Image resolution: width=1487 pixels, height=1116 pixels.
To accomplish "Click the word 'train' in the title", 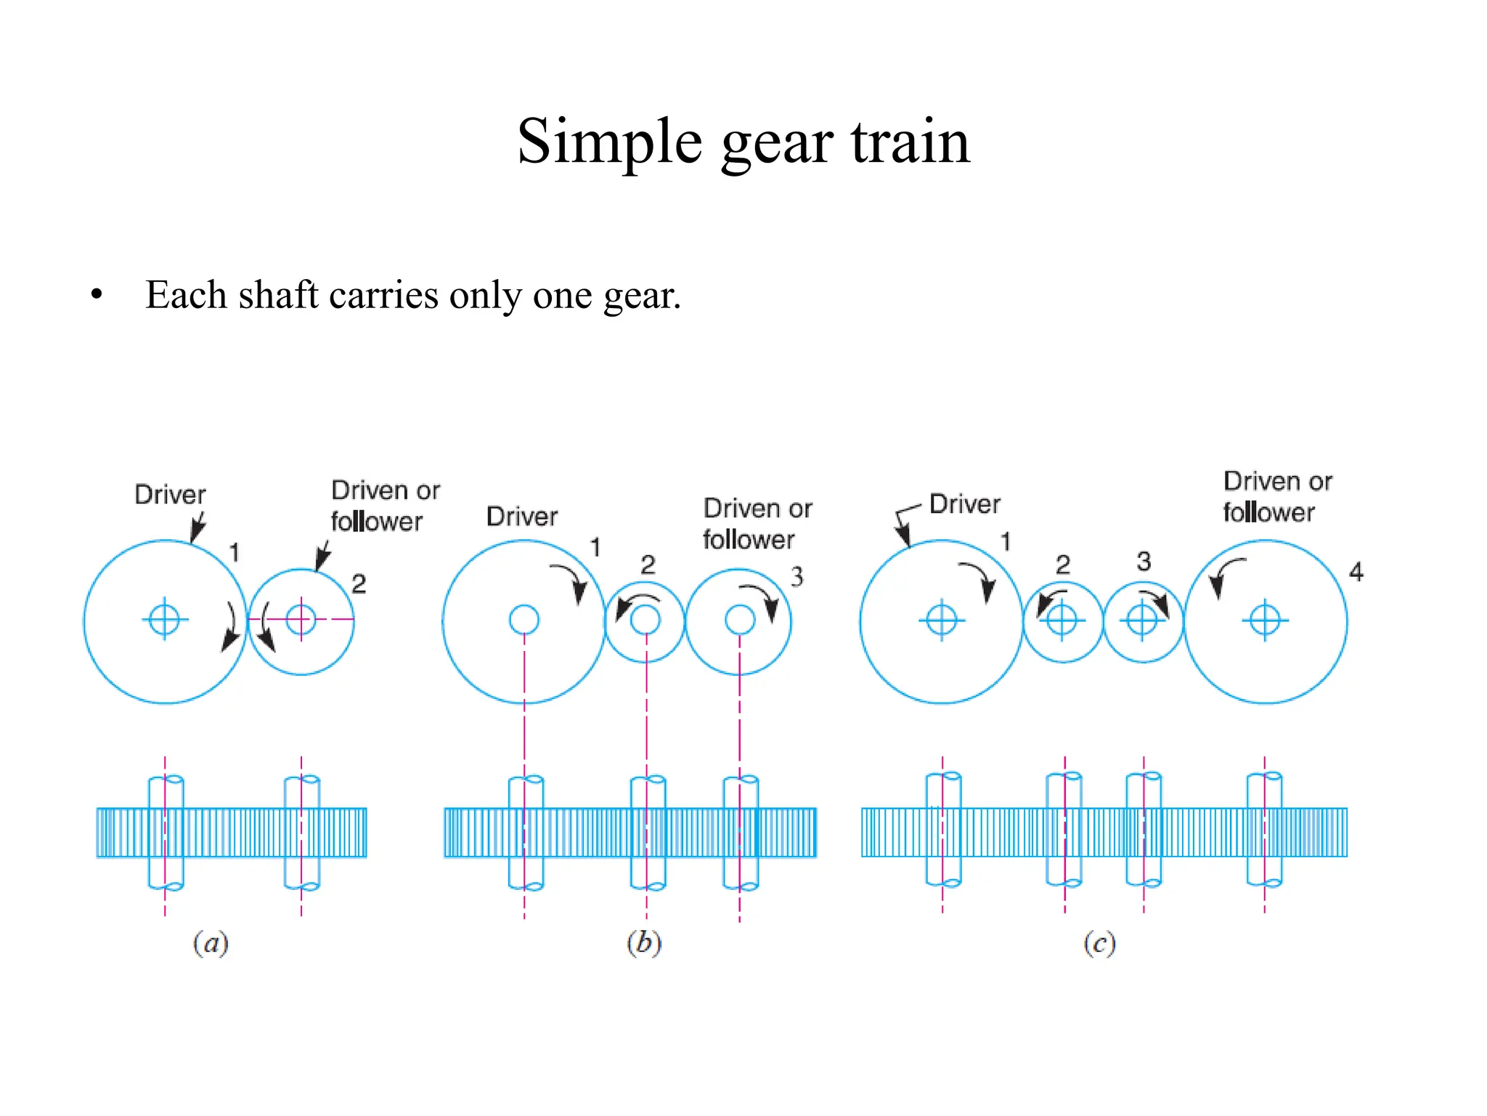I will coord(910,142).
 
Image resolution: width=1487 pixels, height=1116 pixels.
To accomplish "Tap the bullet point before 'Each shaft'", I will coord(97,295).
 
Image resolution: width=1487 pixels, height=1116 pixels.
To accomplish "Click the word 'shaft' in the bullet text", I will coord(278,295).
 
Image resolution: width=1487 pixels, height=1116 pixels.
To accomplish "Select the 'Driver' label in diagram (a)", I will coord(170,495).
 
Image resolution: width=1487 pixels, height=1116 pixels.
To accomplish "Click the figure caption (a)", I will coord(211,943).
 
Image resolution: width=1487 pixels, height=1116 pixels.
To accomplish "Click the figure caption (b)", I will coord(644,942).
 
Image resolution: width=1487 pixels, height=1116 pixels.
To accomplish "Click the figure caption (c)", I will coord(1099,944).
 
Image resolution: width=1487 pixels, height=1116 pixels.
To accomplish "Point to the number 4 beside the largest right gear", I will coord(1356,572).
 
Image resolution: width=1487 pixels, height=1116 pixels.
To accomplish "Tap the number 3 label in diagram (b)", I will coord(797,577).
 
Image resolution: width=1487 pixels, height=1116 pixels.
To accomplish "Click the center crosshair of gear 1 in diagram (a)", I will coord(165,620).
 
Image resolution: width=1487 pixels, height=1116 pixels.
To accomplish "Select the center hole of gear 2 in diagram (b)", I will coord(645,620).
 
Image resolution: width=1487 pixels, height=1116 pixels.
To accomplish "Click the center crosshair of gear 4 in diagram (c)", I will coord(1265,620).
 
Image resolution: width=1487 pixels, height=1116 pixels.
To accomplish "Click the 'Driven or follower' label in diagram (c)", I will coord(1276,496).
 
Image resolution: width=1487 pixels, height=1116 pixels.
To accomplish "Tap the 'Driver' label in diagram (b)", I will coord(522,517).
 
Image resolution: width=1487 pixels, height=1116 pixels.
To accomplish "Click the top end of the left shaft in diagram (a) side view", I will coord(166,780).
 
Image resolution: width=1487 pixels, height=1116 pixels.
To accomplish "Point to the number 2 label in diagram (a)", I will coord(359,583).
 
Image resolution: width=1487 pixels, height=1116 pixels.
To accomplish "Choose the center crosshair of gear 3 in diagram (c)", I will coord(1142,620).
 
